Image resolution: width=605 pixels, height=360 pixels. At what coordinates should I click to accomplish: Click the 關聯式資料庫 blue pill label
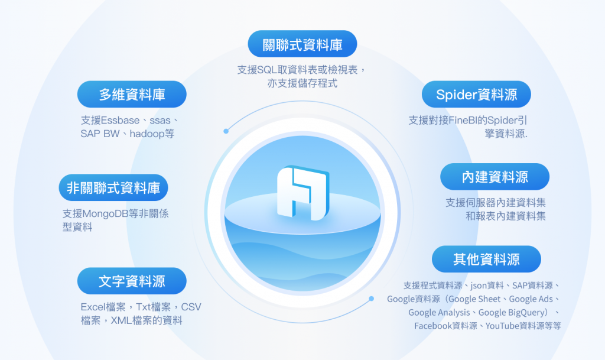point(302,44)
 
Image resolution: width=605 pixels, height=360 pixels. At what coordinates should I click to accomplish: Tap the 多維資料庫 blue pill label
point(132,94)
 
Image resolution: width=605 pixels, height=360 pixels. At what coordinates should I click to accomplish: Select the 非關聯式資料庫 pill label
point(113,188)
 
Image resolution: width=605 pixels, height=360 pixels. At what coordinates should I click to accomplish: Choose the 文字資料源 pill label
point(132,281)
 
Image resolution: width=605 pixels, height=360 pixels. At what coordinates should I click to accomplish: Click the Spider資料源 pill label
point(476,94)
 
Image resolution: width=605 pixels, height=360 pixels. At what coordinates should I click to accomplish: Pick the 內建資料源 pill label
point(495,177)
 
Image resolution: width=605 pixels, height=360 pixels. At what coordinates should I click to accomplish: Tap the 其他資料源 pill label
point(486,259)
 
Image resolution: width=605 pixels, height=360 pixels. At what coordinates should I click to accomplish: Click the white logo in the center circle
point(302,192)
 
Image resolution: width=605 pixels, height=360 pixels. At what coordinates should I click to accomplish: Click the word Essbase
point(121,120)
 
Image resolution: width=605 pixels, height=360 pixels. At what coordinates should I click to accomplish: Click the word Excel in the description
point(93,307)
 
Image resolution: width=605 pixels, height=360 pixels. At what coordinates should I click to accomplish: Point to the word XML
point(121,321)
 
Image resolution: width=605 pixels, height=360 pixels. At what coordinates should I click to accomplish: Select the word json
point(476,286)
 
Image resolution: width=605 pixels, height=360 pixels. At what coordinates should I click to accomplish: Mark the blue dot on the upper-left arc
point(226,131)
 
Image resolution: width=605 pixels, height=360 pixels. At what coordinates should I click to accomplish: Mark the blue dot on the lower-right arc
point(371,299)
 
